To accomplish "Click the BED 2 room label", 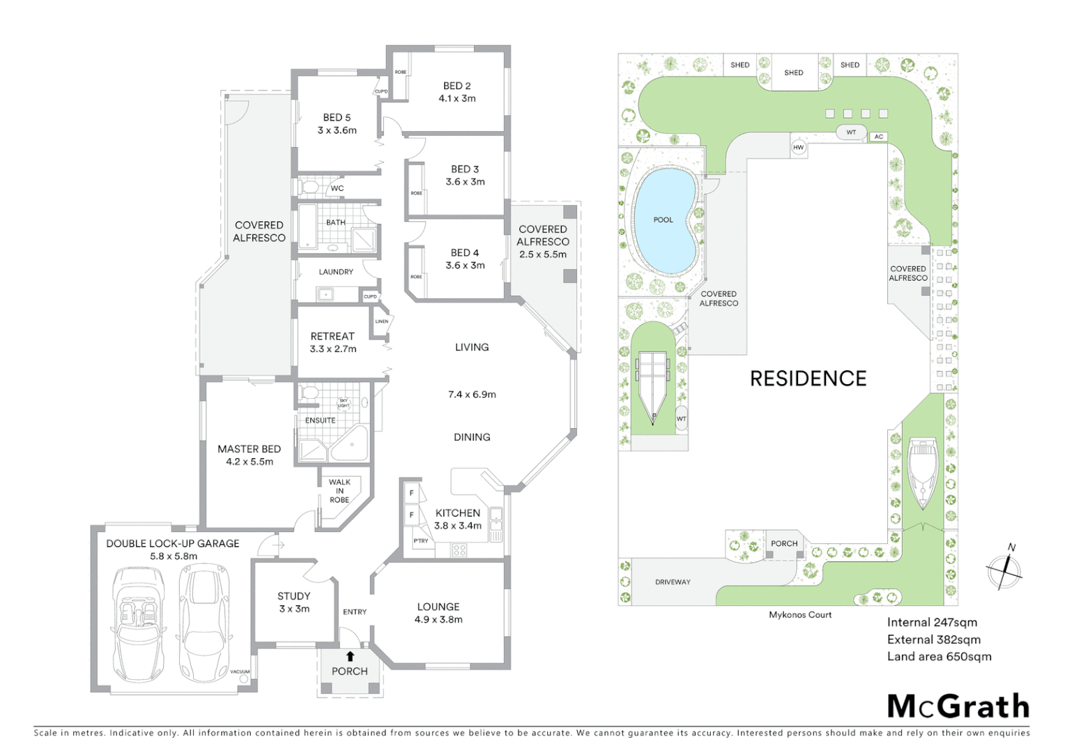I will click(x=457, y=86).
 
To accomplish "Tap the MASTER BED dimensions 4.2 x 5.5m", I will click(x=250, y=462).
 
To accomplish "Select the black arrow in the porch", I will click(x=350, y=656).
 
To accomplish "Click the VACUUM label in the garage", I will click(x=240, y=671).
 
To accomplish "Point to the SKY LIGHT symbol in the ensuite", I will click(x=344, y=403).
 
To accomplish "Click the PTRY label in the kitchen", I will click(x=421, y=540).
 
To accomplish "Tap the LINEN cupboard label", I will click(x=381, y=321).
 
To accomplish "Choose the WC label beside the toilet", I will click(x=337, y=188).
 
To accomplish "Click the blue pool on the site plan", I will click(x=664, y=220).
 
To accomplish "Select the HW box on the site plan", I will click(x=799, y=147).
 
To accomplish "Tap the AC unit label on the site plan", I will click(x=879, y=137).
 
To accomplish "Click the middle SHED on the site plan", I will click(x=793, y=73).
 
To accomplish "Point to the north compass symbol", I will click(x=1004, y=570).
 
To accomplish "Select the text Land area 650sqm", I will click(x=939, y=656).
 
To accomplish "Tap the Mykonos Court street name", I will click(x=800, y=615).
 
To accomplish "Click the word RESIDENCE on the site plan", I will click(x=808, y=379).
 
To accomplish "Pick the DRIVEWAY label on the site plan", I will click(x=673, y=581).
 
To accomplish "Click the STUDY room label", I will click(x=293, y=596).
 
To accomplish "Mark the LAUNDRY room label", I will click(x=336, y=272).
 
